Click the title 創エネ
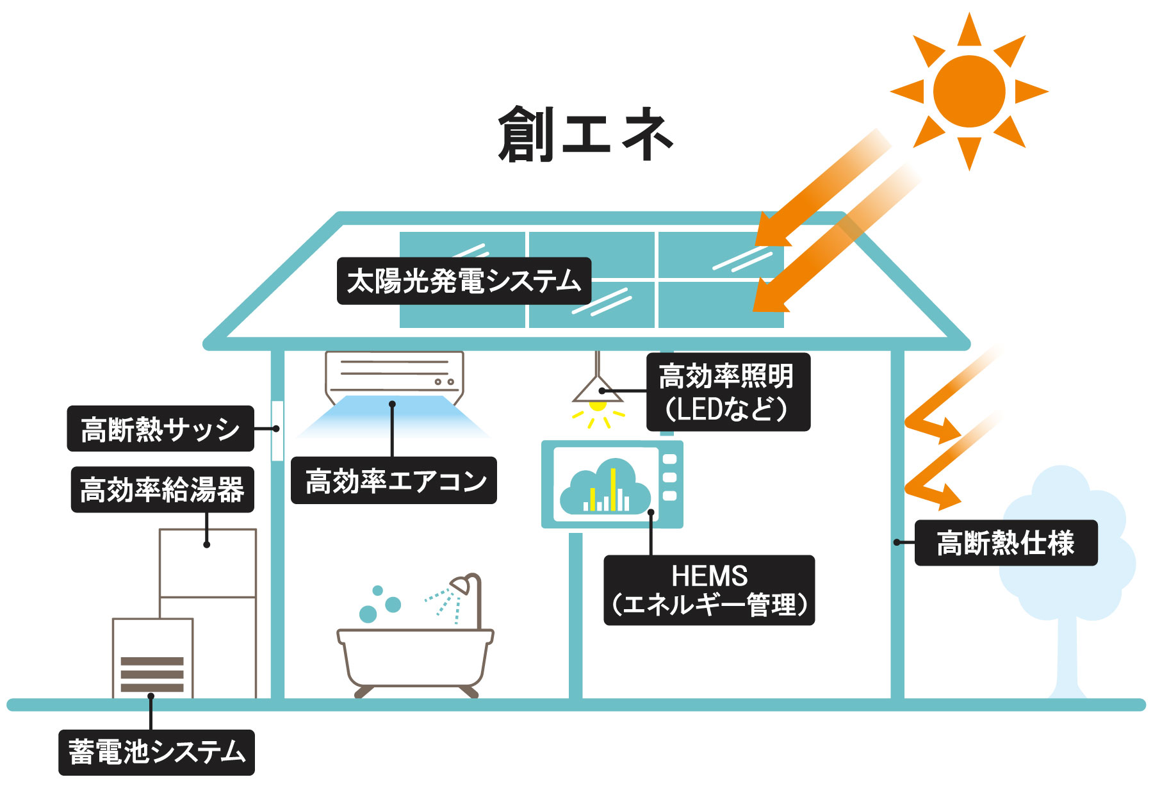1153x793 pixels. click(585, 135)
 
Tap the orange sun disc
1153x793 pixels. click(969, 91)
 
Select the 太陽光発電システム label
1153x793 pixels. click(464, 281)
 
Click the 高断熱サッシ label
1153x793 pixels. click(160, 429)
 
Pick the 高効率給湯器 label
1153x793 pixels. click(162, 489)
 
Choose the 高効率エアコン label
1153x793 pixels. click(394, 480)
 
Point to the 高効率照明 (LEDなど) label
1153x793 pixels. click(728, 392)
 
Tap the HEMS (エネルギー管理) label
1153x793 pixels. click(709, 590)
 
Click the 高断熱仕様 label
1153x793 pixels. click(1006, 543)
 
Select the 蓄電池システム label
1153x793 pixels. click(156, 752)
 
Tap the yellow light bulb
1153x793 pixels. click(598, 405)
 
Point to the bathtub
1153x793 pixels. click(415, 660)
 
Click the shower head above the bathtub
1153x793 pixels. click(461, 584)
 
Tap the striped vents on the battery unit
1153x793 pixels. click(152, 674)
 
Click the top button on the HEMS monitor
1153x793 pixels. click(669, 459)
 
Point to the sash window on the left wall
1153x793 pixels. click(277, 430)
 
